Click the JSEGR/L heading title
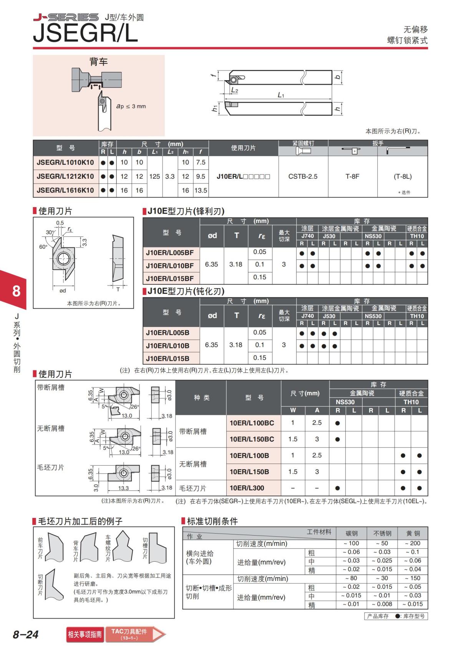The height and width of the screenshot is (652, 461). click(x=85, y=33)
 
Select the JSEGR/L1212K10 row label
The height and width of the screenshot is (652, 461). click(x=65, y=176)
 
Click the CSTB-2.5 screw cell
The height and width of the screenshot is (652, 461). click(x=303, y=176)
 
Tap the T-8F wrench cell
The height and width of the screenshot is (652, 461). click(x=352, y=176)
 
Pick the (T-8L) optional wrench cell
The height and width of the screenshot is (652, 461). click(x=403, y=176)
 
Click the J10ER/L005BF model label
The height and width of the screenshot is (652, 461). click(x=170, y=253)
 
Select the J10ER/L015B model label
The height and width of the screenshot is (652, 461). click(x=167, y=358)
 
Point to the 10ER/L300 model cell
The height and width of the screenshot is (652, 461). click(x=247, y=488)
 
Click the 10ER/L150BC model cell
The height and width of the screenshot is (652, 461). click(x=252, y=439)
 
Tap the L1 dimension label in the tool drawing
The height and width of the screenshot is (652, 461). click(x=281, y=95)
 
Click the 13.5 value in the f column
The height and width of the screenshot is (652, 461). click(x=201, y=190)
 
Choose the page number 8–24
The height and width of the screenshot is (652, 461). click(x=26, y=634)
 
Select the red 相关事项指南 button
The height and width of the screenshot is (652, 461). click(x=85, y=634)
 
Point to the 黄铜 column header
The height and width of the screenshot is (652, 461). click(x=413, y=533)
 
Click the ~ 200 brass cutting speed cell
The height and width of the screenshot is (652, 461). click(x=413, y=543)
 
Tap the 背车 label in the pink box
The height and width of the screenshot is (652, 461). click(x=98, y=61)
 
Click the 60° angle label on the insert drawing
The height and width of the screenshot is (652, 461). click(x=43, y=247)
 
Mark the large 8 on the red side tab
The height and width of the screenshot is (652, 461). click(x=16, y=291)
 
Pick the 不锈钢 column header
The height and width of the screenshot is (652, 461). click(x=382, y=533)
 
